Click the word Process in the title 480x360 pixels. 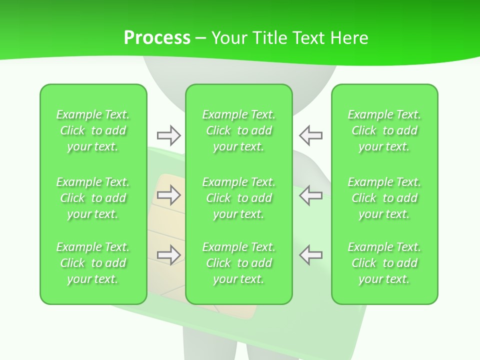click(x=157, y=38)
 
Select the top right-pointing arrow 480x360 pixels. click(x=168, y=135)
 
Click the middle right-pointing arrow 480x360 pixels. click(x=168, y=195)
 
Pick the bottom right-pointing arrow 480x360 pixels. click(x=168, y=255)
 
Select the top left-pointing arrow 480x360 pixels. click(x=311, y=135)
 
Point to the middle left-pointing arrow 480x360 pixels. click(x=311, y=195)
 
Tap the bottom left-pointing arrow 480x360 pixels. click(x=311, y=255)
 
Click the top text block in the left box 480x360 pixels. click(x=93, y=130)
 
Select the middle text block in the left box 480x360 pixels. click(x=93, y=198)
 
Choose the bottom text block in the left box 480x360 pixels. click(x=93, y=263)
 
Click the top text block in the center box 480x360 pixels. click(x=239, y=130)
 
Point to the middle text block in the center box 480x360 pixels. click(x=239, y=198)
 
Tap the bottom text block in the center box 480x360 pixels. click(x=239, y=263)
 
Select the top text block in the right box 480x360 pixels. click(x=384, y=130)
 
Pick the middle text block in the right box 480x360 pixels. click(x=384, y=198)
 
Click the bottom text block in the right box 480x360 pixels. click(x=384, y=263)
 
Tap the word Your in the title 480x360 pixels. click(x=228, y=38)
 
